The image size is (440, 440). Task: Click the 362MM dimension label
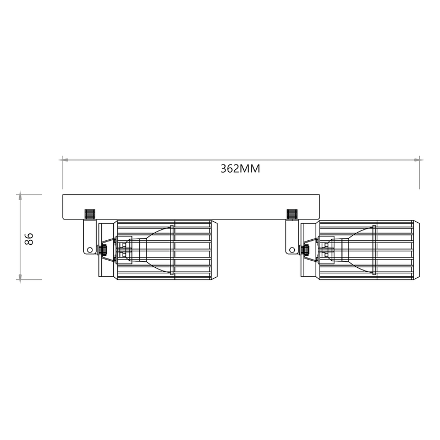[240, 169]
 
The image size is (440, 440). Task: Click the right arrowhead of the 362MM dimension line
[417, 160]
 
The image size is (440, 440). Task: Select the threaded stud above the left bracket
[89, 213]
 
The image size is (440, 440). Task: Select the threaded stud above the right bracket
[291, 213]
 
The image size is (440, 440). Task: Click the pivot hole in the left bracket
[90, 250]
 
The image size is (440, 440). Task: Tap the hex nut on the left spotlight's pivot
[102, 250]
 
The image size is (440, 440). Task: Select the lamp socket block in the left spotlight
[125, 250]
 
